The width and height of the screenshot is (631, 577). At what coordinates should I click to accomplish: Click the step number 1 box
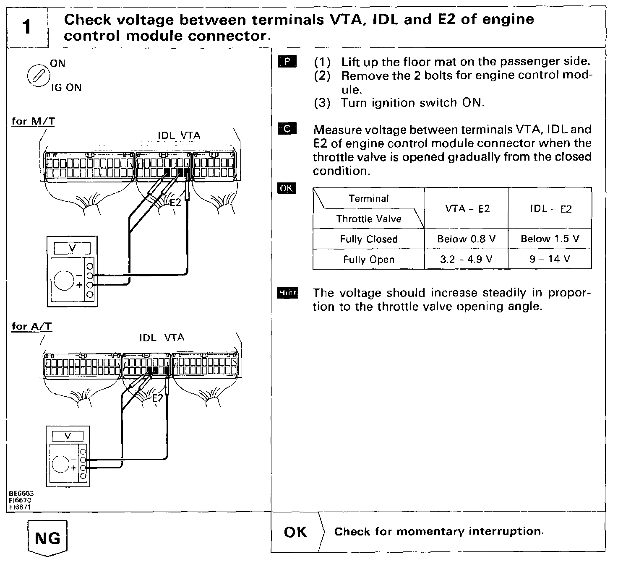tap(27, 27)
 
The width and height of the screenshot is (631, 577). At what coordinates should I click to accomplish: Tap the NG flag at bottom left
tap(47, 538)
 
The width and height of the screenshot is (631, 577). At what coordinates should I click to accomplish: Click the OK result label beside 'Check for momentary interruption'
tap(295, 532)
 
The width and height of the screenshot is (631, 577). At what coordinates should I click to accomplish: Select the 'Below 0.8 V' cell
tap(466, 239)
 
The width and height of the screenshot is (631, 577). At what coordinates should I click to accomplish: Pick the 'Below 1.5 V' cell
tap(550, 239)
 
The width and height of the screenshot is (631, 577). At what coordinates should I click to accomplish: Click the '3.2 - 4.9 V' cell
tap(466, 259)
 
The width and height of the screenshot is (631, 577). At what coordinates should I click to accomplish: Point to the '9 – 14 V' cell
tap(550, 259)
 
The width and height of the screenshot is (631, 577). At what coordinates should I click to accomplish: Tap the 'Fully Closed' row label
tap(368, 239)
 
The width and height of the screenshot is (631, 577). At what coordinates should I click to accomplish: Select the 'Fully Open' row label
tap(368, 260)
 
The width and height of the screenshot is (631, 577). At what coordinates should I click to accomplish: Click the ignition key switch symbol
tap(37, 76)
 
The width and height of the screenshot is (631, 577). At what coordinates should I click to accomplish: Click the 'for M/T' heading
tap(33, 121)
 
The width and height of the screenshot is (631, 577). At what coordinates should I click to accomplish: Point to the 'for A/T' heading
tap(32, 326)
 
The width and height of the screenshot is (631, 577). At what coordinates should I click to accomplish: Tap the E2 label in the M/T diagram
tap(175, 202)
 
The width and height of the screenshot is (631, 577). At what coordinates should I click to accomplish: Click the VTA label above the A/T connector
tap(174, 338)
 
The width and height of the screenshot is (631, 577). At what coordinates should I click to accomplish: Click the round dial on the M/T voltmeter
tap(64, 280)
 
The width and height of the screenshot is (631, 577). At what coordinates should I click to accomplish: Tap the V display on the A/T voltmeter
tap(68, 436)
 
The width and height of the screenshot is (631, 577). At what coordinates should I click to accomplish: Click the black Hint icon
tap(287, 293)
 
